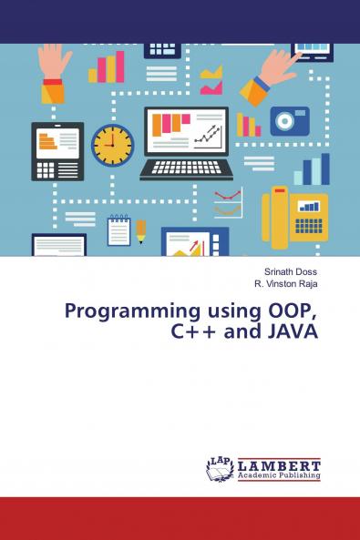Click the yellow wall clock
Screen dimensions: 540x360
(112, 145)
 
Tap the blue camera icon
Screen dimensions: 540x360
(289, 121)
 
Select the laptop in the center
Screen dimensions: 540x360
(186, 142)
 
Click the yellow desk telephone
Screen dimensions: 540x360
(294, 216)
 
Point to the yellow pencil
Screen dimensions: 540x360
(141, 231)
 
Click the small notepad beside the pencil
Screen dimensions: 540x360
(118, 230)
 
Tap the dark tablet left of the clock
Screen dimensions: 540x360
(57, 151)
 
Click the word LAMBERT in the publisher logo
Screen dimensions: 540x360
(279, 464)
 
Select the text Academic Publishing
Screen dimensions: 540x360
(279, 474)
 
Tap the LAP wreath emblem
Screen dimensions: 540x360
(221, 468)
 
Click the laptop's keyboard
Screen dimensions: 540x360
(186, 168)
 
